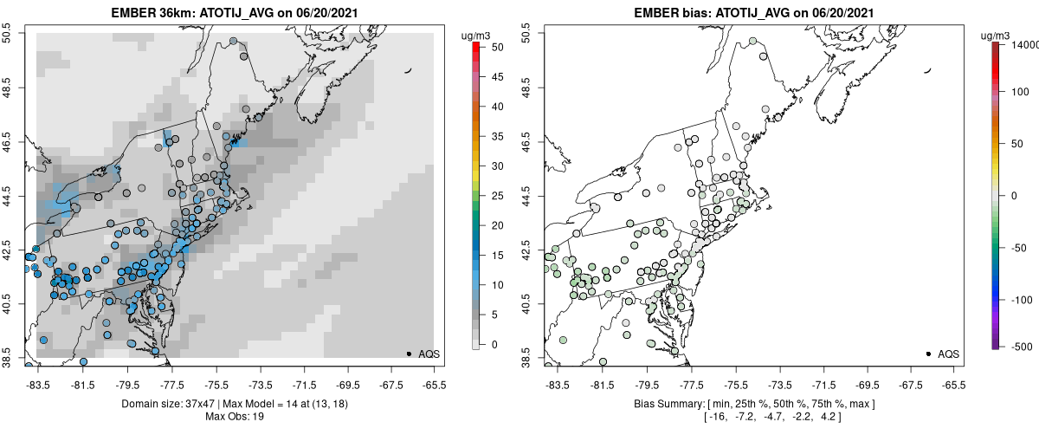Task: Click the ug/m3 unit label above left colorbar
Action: pyautogui.click(x=476, y=35)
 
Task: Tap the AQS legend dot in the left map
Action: pyautogui.click(x=409, y=354)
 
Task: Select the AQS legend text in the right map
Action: pyautogui.click(x=949, y=354)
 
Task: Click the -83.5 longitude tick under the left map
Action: pyautogui.click(x=37, y=384)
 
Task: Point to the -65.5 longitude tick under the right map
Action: pyautogui.click(x=953, y=384)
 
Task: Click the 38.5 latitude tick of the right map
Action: pyautogui.click(x=528, y=358)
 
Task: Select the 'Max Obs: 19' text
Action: pyautogui.click(x=235, y=417)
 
